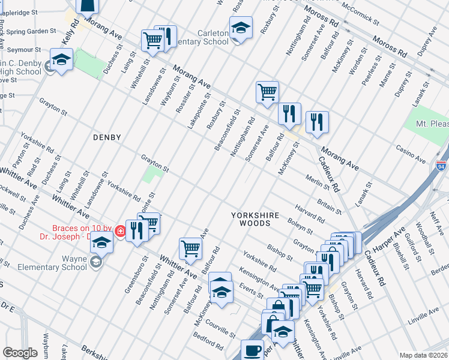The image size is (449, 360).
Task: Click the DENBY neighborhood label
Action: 107,137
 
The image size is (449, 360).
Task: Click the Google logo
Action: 20,353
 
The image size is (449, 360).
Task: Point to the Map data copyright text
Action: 424,355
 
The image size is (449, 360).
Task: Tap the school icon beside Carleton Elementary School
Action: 241,29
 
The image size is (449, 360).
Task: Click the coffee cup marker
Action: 252,350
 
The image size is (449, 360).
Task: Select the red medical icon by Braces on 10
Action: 120,230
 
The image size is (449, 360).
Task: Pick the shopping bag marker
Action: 277,307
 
